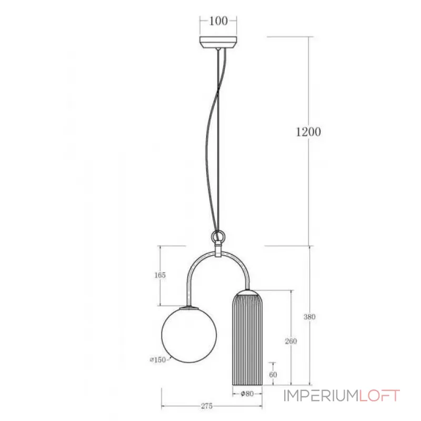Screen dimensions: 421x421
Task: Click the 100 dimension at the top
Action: tap(218, 21)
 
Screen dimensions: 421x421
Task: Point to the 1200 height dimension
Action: tap(308, 132)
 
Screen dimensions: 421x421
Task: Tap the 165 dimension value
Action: tap(161, 275)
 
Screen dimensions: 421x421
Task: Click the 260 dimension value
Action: tap(291, 342)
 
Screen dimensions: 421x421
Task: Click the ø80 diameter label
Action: tap(247, 393)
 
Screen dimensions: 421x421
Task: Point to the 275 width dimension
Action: tap(206, 406)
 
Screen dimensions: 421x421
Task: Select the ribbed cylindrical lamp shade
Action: tap(247, 342)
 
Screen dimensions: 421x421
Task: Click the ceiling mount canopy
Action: tap(218, 42)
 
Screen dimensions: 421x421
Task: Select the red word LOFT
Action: tap(379, 396)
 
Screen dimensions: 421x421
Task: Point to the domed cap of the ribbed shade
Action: tap(247, 293)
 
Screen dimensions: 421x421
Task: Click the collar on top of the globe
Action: tap(187, 307)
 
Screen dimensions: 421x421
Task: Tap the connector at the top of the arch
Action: tap(217, 252)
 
